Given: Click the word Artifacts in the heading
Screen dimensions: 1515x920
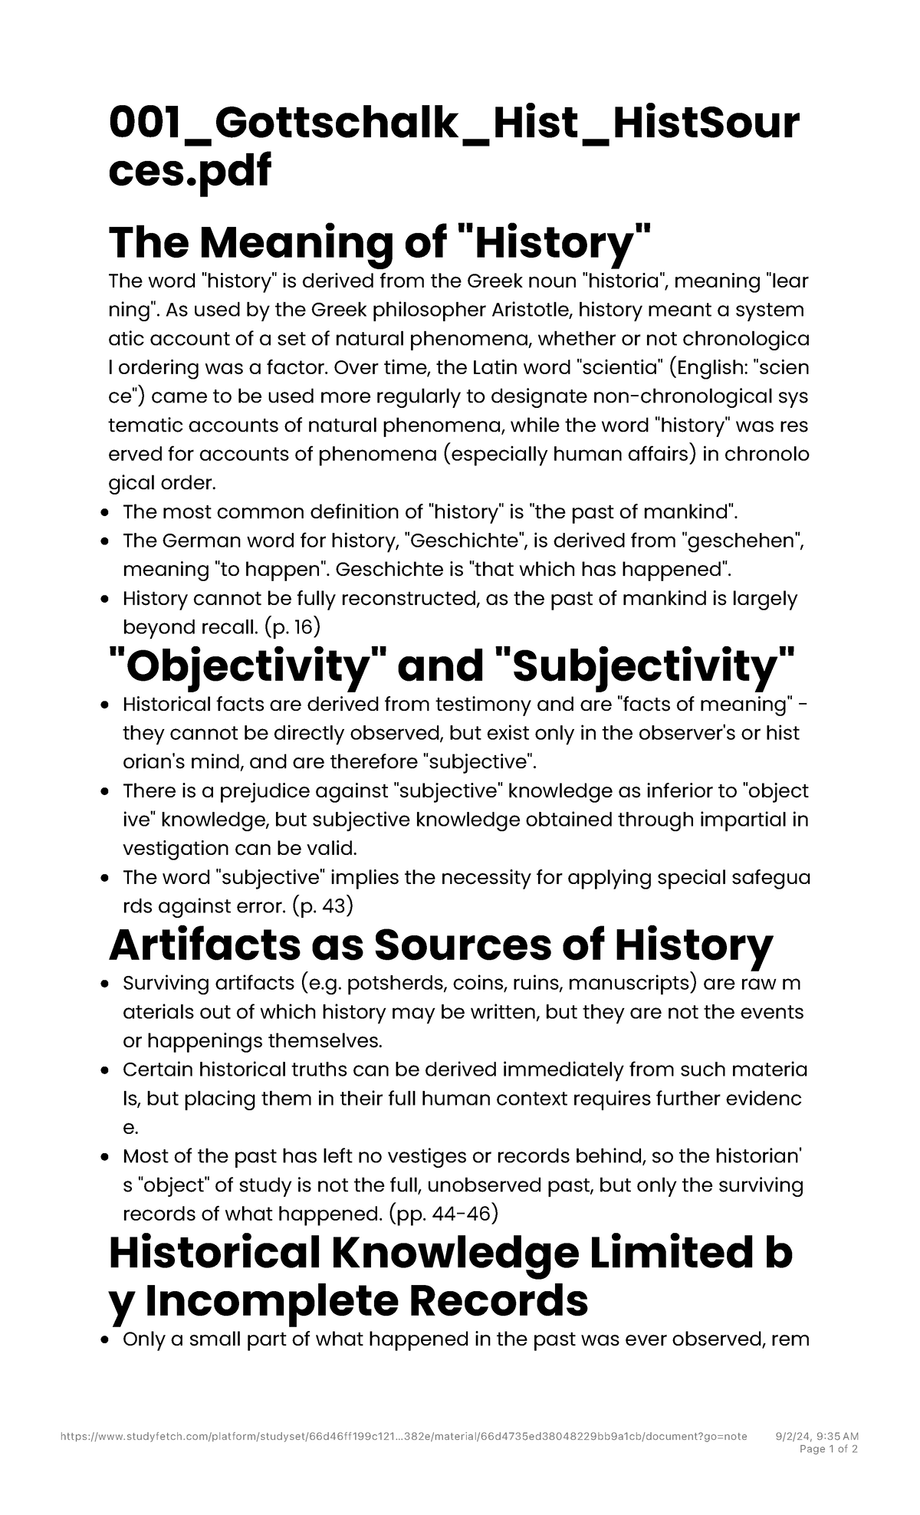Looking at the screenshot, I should coord(203,945).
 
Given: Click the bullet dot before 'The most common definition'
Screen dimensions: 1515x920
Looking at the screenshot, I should coord(106,512).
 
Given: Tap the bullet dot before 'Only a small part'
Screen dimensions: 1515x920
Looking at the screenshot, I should coord(106,1340).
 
